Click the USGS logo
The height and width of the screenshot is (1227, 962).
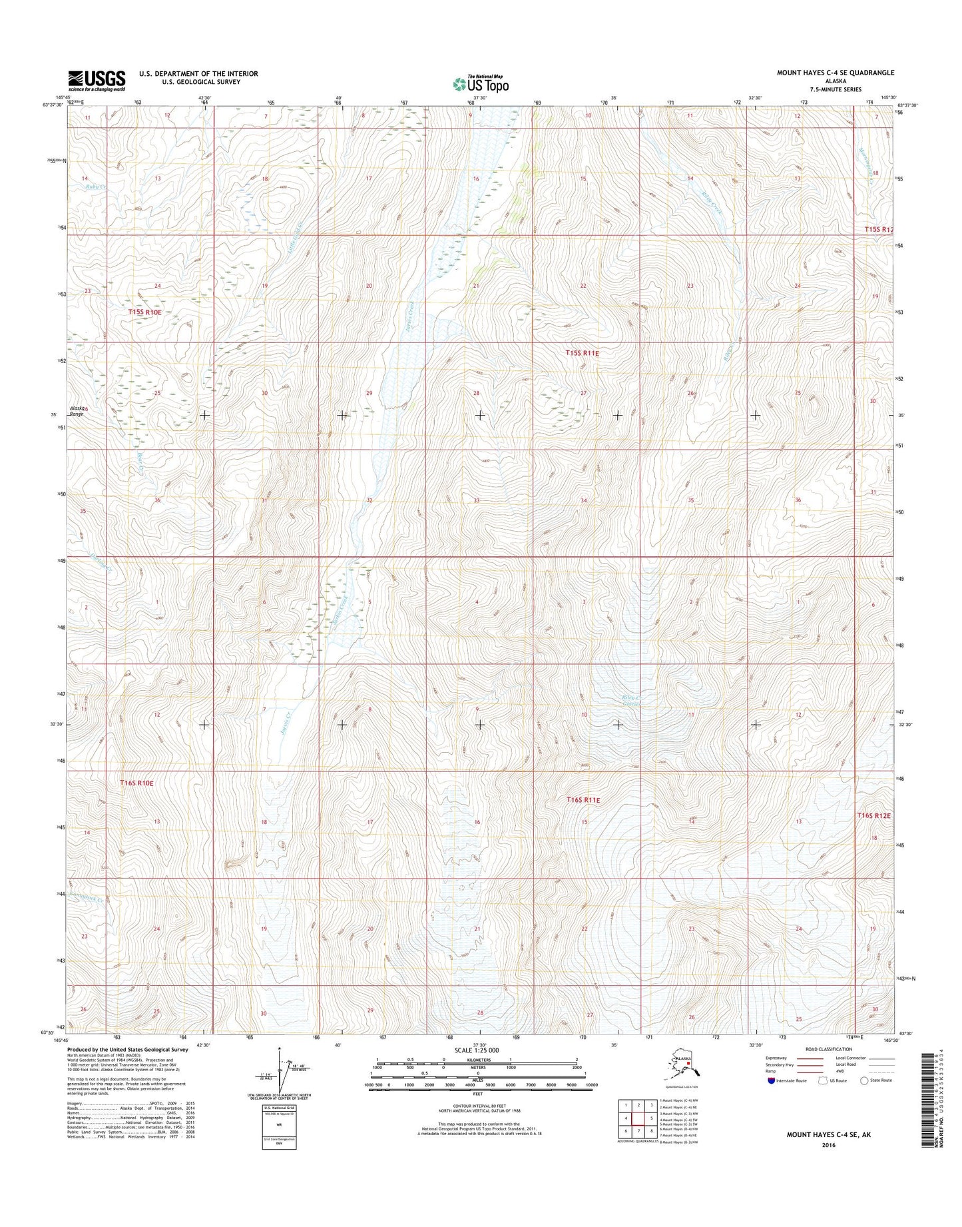tap(97, 81)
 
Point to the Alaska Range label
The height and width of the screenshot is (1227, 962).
tap(78, 411)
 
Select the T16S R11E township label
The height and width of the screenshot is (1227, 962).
tap(583, 799)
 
